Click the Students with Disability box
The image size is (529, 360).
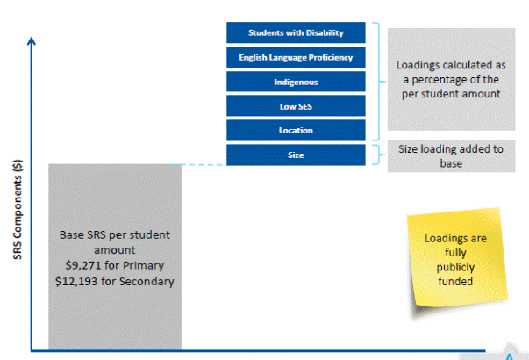pos(295,33)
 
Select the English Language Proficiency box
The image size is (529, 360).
pos(295,58)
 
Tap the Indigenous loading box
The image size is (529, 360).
pos(295,82)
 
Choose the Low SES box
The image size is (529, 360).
pos(295,106)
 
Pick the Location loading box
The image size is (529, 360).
pos(295,131)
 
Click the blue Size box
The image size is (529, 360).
pos(295,155)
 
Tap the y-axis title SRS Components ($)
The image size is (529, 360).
pos(17,212)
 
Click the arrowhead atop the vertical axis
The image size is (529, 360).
pos(32,40)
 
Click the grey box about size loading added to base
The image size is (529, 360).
pos(451,155)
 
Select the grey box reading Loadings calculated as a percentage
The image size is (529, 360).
pos(451,79)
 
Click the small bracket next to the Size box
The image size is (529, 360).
pos(377,155)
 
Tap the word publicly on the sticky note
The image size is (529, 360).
pos(455,268)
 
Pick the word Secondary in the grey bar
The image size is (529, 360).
pos(145,281)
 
